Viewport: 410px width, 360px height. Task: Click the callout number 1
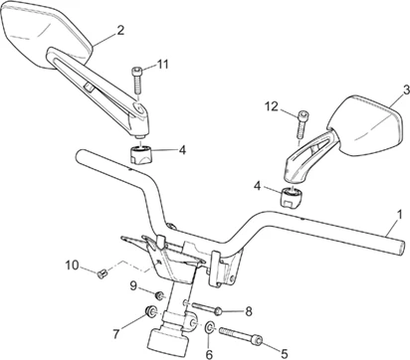tap(399, 215)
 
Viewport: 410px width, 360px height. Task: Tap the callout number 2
tap(120, 30)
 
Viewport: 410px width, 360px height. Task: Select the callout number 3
tap(406, 90)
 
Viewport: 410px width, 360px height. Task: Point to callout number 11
tap(162, 64)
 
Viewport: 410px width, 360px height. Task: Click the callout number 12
tap(272, 106)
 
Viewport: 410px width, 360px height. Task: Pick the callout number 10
tap(72, 266)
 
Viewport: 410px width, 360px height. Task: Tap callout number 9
tap(133, 285)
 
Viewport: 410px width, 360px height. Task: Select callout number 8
tap(249, 311)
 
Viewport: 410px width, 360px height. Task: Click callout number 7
tap(115, 334)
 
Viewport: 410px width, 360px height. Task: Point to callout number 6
tap(209, 354)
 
